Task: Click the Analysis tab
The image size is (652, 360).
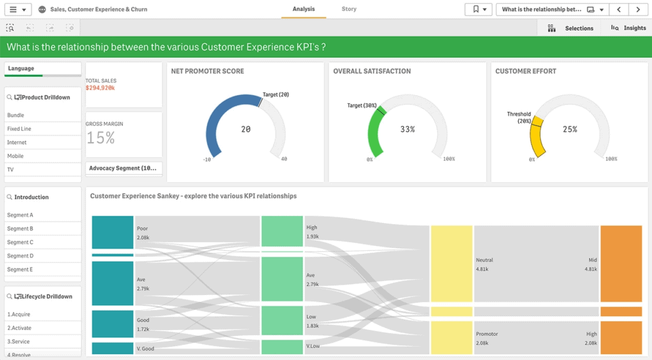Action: coord(304,10)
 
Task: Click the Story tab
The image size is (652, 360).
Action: coord(349,10)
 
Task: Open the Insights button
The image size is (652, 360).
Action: coord(628,28)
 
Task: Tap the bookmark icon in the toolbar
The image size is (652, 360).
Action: coord(474,10)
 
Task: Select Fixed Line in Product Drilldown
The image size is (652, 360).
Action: coord(19,129)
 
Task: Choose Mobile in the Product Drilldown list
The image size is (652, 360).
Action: coord(15,156)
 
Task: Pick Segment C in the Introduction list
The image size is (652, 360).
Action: coord(20,242)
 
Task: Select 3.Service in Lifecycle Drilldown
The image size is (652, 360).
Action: coord(18,342)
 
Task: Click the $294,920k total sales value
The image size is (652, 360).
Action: coord(101,87)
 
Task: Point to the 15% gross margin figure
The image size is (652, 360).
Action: coord(101,138)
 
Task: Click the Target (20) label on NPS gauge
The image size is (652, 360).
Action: coord(276,95)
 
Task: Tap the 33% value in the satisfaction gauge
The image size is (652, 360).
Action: coord(407,129)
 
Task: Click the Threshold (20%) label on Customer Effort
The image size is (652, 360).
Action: coord(519,117)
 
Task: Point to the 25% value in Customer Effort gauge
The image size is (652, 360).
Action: coord(570,129)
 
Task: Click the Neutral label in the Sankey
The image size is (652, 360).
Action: coord(484,260)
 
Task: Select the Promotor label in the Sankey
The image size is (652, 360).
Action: coord(486,334)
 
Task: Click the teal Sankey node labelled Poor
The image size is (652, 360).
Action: coord(112,232)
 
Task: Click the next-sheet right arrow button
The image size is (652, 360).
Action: coord(638,10)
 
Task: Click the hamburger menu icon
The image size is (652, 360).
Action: coord(13,10)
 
